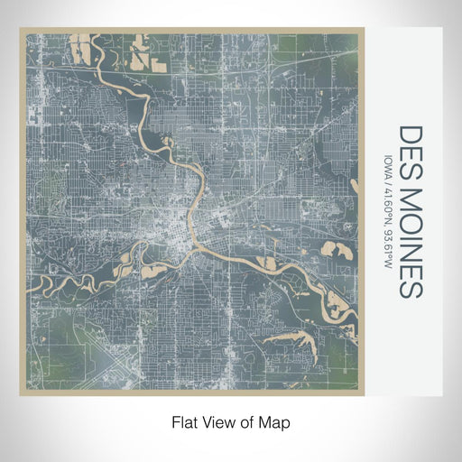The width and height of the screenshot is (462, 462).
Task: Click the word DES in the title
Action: tap(409, 146)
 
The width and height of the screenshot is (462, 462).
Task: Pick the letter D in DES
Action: tap(409, 133)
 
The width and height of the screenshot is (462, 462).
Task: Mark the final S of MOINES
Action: tap(409, 287)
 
